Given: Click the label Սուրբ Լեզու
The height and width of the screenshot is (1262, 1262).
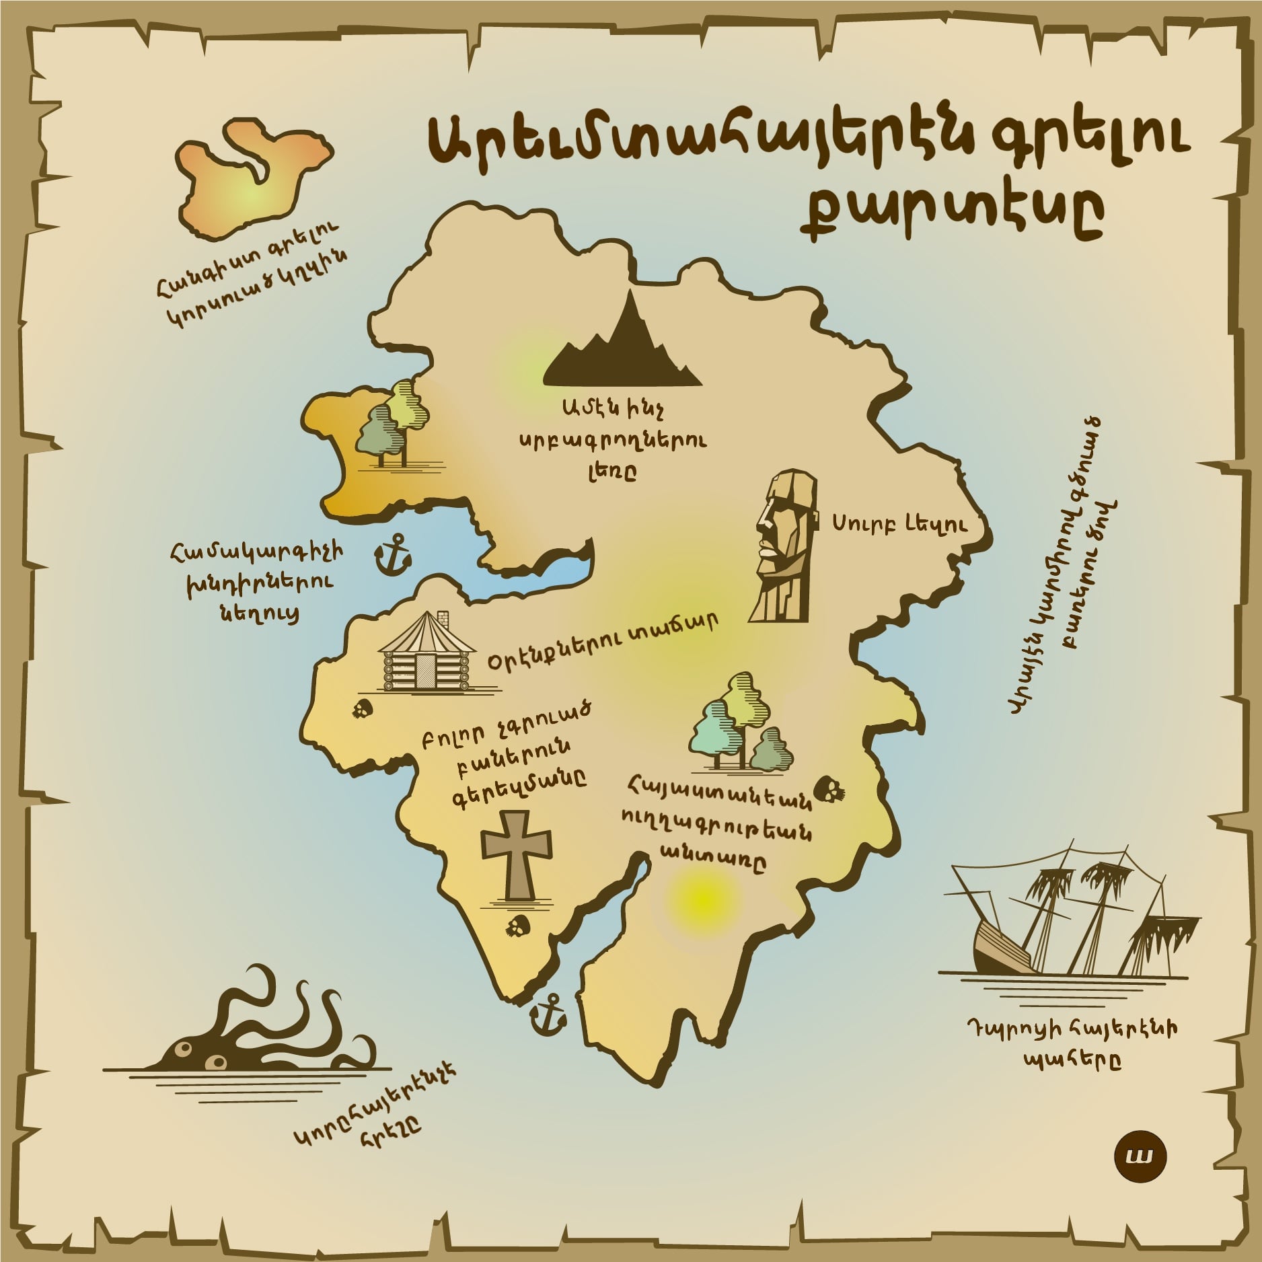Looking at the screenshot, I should [901, 524].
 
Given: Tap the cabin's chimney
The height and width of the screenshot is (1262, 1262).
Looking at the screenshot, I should [443, 616].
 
